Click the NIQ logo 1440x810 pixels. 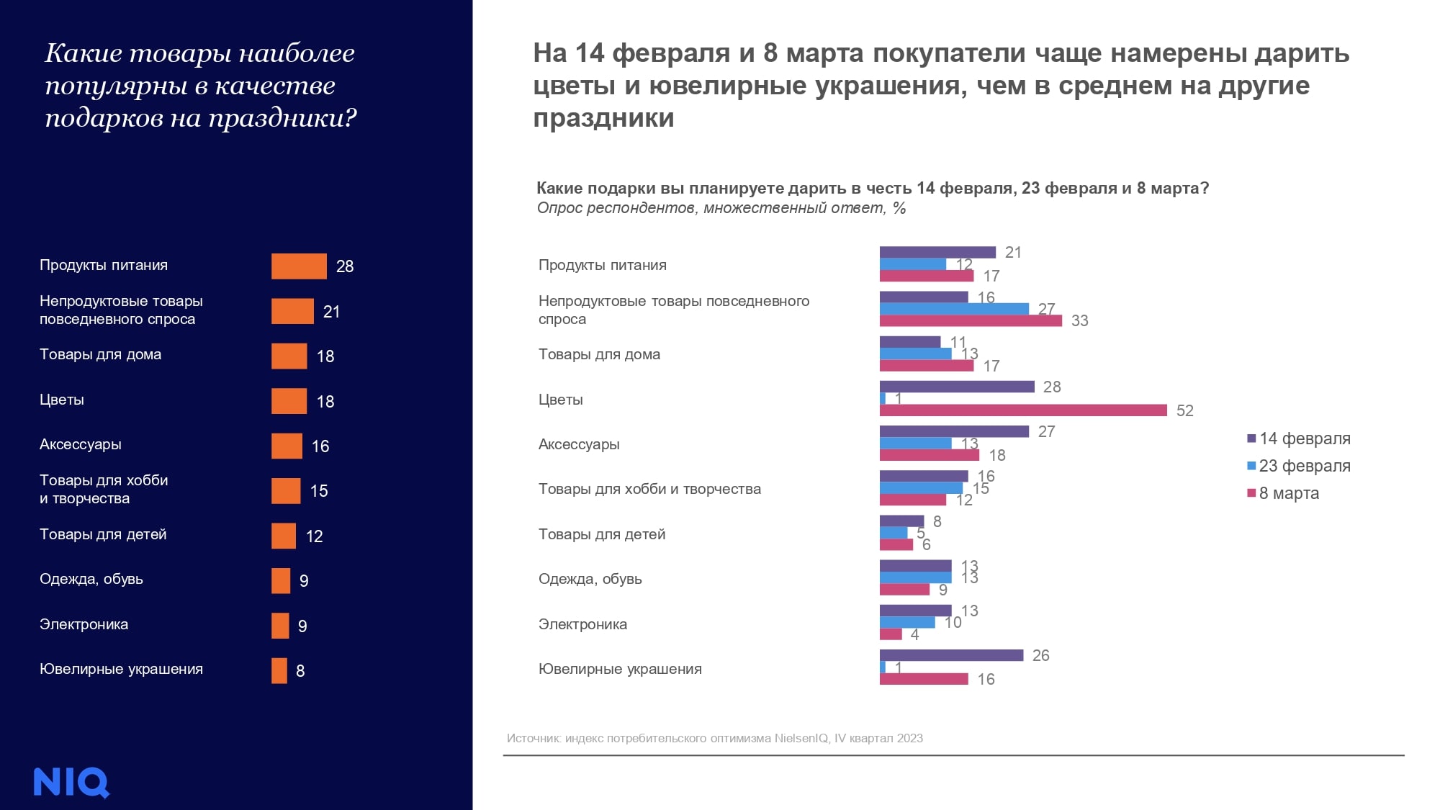pos(71,782)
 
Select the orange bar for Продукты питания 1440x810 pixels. pos(299,266)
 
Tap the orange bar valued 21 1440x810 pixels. pos(292,311)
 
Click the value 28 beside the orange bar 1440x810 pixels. pos(345,266)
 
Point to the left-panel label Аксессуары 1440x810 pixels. pos(81,444)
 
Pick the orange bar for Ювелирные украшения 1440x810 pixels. pos(279,670)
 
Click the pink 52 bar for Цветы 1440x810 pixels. pos(1022,410)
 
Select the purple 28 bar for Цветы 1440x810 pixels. pos(957,387)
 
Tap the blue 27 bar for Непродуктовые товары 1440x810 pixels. pos(954,309)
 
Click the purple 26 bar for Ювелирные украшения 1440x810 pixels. pos(951,655)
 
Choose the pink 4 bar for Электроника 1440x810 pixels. pos(891,634)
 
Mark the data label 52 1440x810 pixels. pos(1184,410)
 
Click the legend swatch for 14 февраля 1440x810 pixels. pos(1251,438)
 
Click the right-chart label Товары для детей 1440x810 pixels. pos(602,534)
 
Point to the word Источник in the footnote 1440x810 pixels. pos(533,738)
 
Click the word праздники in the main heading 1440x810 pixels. pos(603,118)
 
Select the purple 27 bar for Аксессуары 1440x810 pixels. pos(954,431)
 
